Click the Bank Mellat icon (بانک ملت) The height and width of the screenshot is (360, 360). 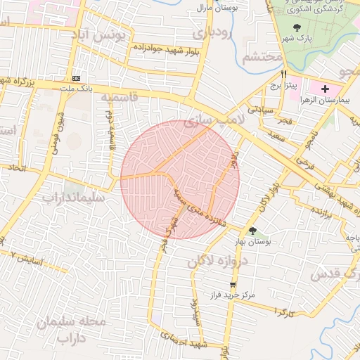coord(76,78)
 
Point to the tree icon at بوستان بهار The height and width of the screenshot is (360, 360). coord(252,230)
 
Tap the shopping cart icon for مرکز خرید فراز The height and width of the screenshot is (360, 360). coord(233,285)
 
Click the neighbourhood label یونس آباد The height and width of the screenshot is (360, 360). coord(101,34)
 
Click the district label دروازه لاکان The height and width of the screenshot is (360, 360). coord(218,262)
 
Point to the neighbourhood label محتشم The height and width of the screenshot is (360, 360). coord(262,57)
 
